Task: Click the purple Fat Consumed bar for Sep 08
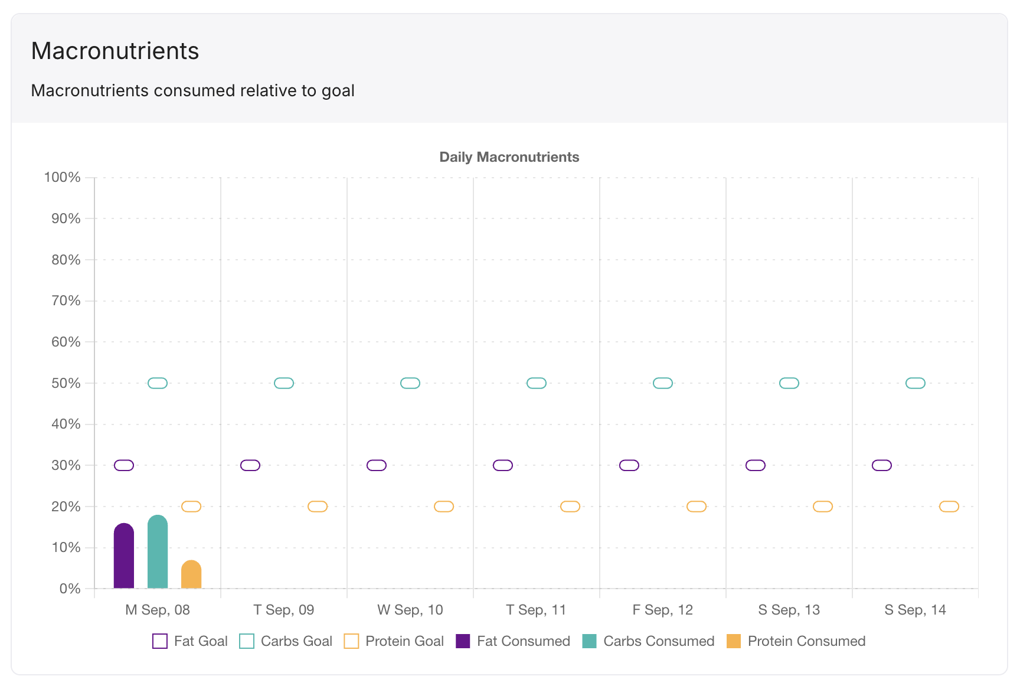tap(124, 556)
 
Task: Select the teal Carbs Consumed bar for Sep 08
tap(158, 552)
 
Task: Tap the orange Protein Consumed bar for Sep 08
tap(191, 574)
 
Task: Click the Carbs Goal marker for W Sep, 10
tap(410, 383)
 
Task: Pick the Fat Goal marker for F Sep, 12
tap(629, 465)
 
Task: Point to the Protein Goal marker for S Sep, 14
tap(949, 507)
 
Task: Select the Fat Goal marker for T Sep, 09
tap(250, 465)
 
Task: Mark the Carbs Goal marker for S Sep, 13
tap(789, 383)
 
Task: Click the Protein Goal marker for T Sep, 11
tap(570, 507)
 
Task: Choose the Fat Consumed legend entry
tap(513, 641)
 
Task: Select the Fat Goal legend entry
tap(190, 641)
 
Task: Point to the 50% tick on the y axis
tap(66, 383)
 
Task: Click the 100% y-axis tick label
tap(63, 177)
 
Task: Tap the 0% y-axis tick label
tap(70, 589)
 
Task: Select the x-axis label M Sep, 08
tap(158, 610)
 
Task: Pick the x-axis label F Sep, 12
tap(663, 610)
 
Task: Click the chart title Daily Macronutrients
tap(509, 157)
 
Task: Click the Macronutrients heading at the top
tap(115, 51)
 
